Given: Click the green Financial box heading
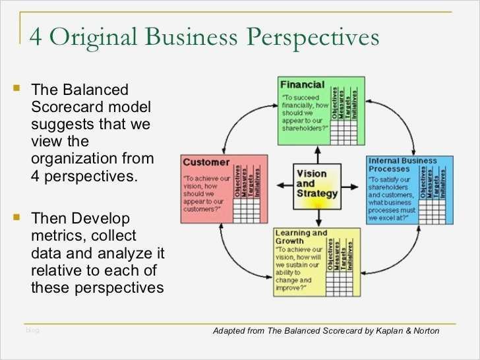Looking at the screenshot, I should point(302,84).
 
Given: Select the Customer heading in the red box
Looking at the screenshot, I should point(206,162).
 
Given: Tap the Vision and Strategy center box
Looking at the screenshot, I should point(316,184).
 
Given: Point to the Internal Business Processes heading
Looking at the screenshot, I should point(402,165).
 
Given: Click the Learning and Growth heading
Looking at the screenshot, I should point(301,237).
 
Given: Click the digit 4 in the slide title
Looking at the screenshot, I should point(37,37).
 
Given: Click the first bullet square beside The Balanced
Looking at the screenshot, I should point(17,87).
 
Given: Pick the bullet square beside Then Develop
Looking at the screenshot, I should point(17,215).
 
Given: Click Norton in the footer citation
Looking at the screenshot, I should point(425,331).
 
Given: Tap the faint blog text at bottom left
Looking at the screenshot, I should point(32,330).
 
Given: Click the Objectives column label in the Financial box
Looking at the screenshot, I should point(334,102).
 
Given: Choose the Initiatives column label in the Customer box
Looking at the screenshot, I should point(258,179).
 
